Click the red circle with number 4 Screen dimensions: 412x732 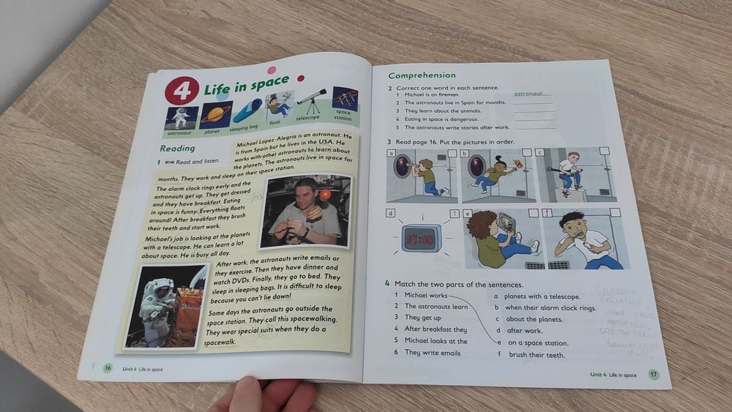coord(182,91)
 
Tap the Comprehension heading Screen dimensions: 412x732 coord(422,75)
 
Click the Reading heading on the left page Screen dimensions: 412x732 coord(177,149)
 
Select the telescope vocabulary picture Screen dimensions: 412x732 coord(311,101)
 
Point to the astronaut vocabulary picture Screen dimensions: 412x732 coord(181,118)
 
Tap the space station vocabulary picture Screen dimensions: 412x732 coord(345,98)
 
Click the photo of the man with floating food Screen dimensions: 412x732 coord(305,211)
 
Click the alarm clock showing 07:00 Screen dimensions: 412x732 coord(420,239)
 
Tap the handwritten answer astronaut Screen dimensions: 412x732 coord(529,94)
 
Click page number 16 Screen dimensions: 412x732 coord(108,367)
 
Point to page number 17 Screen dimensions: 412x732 coord(653,375)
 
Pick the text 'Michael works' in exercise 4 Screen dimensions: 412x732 coord(425,295)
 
